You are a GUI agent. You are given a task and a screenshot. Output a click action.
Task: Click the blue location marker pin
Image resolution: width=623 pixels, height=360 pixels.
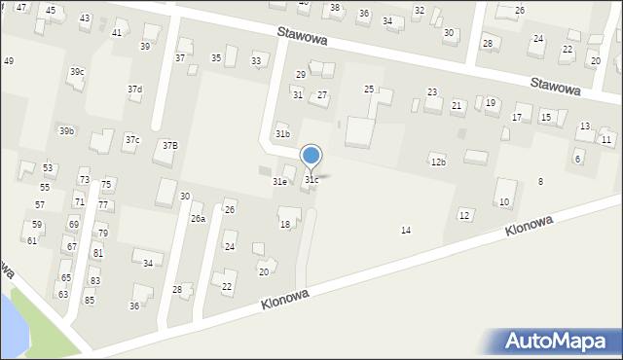click(x=311, y=156)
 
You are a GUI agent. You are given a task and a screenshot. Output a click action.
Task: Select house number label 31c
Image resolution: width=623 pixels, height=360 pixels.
click(x=311, y=180)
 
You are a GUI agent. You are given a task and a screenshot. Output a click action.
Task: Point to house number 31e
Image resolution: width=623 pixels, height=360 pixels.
click(x=279, y=182)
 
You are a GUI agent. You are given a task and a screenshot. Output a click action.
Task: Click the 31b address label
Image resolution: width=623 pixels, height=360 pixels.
click(x=282, y=134)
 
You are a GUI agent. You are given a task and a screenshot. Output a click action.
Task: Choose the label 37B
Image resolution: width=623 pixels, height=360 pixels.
click(x=170, y=146)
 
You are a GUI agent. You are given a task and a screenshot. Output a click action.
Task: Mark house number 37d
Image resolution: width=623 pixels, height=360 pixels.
click(x=134, y=90)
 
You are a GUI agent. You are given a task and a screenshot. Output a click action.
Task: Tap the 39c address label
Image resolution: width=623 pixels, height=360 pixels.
click(x=76, y=72)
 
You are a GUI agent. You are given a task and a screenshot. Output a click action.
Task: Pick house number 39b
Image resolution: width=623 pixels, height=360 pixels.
click(x=66, y=131)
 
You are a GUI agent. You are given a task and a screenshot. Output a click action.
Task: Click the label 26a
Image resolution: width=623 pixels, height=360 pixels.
click(x=198, y=219)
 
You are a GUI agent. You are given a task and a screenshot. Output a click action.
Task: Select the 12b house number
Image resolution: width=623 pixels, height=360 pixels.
click(x=438, y=162)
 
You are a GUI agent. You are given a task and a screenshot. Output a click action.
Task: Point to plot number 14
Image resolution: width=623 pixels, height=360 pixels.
click(x=406, y=231)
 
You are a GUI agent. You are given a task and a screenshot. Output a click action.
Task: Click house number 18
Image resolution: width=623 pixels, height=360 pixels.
click(x=285, y=225)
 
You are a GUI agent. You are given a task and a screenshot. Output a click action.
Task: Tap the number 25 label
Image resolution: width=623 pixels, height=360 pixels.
click(x=369, y=90)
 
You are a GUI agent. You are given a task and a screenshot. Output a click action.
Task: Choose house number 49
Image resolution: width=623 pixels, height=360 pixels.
click(x=9, y=61)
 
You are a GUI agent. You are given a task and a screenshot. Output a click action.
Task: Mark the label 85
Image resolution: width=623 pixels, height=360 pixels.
click(x=90, y=301)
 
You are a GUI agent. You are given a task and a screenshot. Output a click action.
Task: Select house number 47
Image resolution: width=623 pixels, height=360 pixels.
click(x=21, y=8)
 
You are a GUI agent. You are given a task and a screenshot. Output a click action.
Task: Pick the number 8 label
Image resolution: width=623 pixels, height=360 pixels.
click(x=540, y=182)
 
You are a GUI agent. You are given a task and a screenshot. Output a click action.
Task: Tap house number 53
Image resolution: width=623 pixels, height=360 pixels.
click(x=48, y=168)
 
